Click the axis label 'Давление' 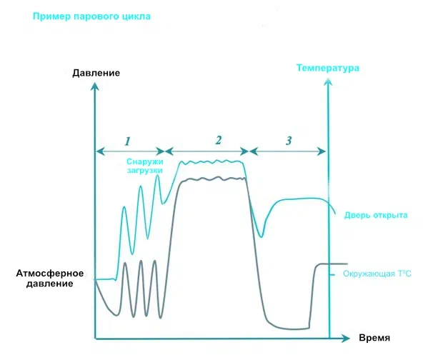(x=96, y=74)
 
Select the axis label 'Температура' (x=327, y=69)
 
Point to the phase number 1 (x=127, y=140)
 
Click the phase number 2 (x=219, y=139)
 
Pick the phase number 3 (x=288, y=140)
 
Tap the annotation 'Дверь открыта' (x=376, y=214)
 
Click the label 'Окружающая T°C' (x=377, y=274)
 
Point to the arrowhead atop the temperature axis (x=328, y=80)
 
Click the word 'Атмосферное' (x=49, y=274)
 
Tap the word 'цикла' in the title (x=134, y=16)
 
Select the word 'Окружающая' (x=368, y=274)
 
